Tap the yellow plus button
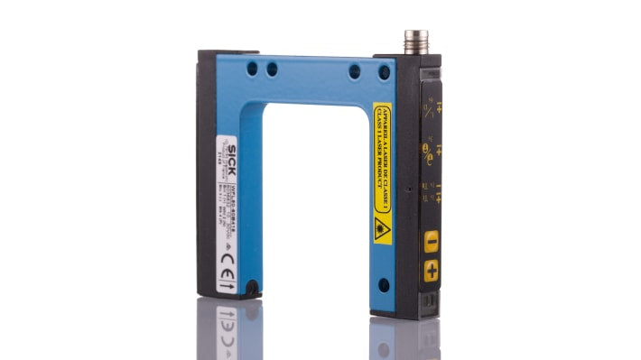pos(431,269)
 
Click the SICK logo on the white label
pos(231,149)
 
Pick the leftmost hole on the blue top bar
pos(251,68)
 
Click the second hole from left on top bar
pos(270,68)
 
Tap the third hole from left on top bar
pos(356,69)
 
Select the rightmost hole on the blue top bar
pos(384,70)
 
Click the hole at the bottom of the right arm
pos(383,285)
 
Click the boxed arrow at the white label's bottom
pos(228,283)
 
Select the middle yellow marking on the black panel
pos(430,149)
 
